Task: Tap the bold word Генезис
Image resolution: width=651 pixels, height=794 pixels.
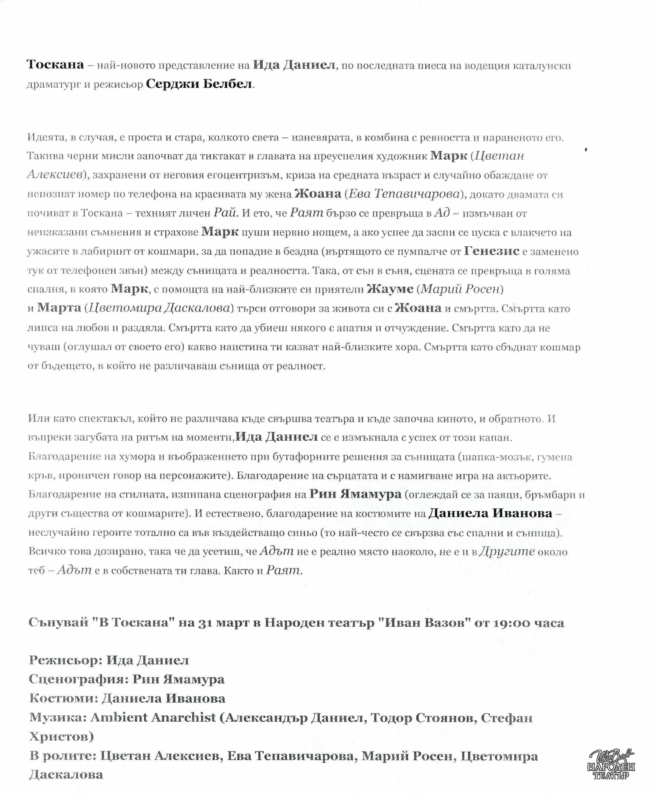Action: pos(492,251)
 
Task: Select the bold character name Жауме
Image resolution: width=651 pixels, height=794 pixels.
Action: pos(390,289)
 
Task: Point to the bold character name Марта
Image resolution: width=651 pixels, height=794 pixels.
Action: pos(59,308)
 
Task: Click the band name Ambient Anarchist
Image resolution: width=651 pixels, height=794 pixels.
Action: pos(153,717)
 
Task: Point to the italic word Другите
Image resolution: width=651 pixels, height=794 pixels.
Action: pos(507,551)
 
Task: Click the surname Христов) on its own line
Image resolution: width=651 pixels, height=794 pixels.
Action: pos(62,736)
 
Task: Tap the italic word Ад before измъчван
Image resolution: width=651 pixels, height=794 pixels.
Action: pos(442,213)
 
